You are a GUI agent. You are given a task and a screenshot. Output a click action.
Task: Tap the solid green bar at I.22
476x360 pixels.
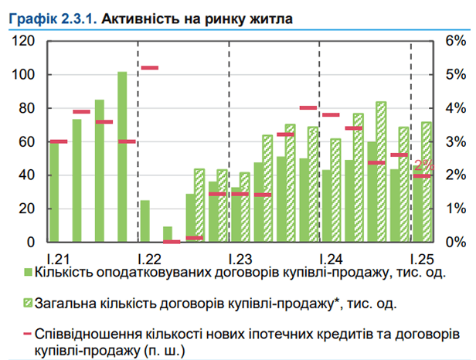144,221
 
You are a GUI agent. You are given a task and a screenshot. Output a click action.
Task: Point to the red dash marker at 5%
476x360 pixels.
150,68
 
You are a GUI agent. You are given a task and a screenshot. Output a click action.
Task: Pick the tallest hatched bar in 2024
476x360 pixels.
381,172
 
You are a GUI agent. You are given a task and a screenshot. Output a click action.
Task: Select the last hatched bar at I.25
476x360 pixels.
426,182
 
